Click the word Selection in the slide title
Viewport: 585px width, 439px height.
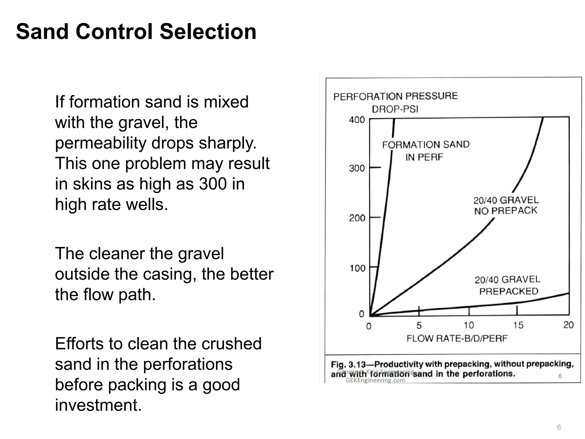(208, 31)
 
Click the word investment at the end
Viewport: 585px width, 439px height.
(98, 405)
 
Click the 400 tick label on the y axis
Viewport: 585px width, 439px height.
(357, 120)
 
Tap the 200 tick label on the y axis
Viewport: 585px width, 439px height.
(357, 218)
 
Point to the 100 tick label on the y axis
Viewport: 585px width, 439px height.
(357, 268)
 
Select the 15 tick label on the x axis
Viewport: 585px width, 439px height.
(518, 325)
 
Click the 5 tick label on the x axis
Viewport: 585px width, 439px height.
(419, 326)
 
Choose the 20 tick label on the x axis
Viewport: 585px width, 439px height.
(568, 325)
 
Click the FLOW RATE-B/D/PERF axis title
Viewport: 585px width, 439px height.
(457, 339)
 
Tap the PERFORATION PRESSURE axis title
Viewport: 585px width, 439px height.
(395, 96)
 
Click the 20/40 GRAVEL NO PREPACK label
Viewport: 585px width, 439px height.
(506, 205)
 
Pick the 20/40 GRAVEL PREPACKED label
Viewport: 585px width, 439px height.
(508, 285)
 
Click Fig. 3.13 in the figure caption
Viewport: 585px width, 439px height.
(348, 365)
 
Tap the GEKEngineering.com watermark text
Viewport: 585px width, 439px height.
(375, 380)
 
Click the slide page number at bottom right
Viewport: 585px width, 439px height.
(559, 427)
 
